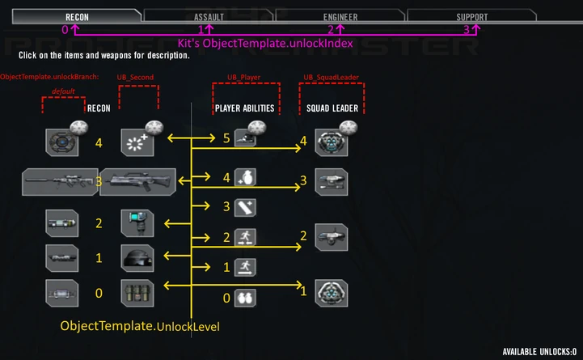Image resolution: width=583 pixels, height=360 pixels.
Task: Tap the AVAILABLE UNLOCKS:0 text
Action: [x=539, y=352]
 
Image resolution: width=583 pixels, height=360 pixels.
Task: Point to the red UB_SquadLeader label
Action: [x=331, y=77]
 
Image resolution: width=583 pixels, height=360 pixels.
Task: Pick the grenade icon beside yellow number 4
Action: [x=246, y=177]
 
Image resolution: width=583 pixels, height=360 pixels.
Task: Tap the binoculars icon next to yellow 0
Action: [x=246, y=297]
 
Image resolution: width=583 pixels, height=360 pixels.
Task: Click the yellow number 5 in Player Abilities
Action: [x=226, y=138]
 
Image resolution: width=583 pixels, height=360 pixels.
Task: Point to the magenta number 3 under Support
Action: [x=467, y=29]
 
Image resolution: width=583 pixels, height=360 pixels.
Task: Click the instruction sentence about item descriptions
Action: [x=104, y=57]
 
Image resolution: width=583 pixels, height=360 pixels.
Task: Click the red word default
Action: [x=63, y=91]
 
